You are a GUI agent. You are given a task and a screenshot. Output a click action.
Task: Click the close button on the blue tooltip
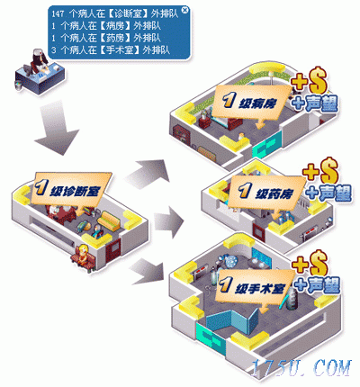tap(185, 10)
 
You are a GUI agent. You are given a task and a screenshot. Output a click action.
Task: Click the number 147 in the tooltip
tap(58, 13)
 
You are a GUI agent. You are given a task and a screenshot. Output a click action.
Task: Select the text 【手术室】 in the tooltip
tap(120, 49)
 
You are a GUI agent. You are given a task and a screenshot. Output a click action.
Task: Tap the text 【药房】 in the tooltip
tap(115, 38)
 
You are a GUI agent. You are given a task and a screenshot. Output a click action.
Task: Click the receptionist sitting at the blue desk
tap(39, 61)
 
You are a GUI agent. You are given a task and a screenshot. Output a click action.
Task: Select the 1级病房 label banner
tap(248, 103)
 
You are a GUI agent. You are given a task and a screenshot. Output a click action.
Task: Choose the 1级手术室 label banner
tap(254, 286)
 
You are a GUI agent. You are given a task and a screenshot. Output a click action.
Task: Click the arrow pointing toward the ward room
tap(147, 174)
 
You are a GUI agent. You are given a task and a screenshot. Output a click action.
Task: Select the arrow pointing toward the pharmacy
tap(168, 222)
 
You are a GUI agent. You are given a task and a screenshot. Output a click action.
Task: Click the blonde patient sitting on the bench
tap(83, 255)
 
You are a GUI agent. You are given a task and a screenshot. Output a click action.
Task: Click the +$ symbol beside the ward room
tap(309, 80)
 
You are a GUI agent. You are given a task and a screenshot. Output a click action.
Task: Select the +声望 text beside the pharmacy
tap(328, 193)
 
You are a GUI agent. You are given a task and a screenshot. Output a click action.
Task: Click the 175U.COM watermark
tap(301, 368)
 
